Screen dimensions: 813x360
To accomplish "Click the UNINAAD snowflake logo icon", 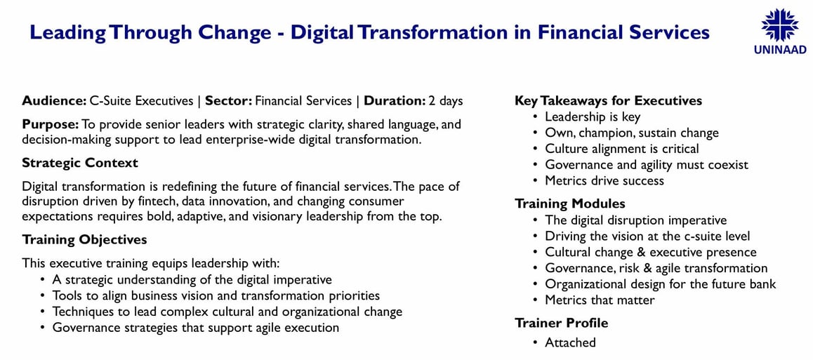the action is [x=779, y=25].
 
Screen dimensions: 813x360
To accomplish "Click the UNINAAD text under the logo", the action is [x=780, y=50].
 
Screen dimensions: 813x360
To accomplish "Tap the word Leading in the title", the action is [x=67, y=33].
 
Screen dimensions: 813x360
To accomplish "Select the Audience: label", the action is [x=54, y=101].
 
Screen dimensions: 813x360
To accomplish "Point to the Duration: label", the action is [x=395, y=101].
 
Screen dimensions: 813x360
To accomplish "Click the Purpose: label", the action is [x=51, y=126].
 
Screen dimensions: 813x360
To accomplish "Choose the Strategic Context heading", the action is [x=80, y=163].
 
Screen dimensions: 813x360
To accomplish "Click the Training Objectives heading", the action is [x=84, y=240].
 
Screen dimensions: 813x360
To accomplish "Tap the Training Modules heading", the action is [x=570, y=204].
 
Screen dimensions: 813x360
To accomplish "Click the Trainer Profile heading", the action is [x=561, y=324].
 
